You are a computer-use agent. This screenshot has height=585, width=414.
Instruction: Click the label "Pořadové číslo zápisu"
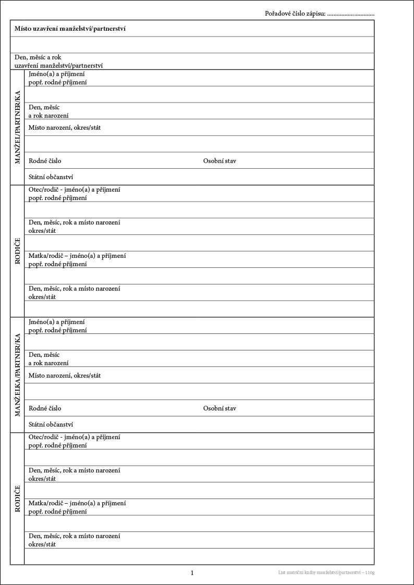point(295,14)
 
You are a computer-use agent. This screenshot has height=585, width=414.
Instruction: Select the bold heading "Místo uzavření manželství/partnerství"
point(70,29)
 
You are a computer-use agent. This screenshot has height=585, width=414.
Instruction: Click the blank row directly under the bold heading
point(192,45)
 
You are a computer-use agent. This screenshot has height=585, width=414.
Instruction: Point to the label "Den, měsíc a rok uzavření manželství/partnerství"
point(58,61)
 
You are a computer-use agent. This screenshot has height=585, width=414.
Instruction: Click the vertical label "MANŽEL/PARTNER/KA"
point(17,127)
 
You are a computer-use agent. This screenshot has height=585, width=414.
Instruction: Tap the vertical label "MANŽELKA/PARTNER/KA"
point(17,375)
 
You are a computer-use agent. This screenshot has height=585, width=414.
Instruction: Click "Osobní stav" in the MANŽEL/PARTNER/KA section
point(220,161)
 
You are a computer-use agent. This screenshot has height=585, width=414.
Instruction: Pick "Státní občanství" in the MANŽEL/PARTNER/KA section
point(51,177)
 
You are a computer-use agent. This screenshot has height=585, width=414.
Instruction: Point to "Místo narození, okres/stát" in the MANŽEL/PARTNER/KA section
point(65,128)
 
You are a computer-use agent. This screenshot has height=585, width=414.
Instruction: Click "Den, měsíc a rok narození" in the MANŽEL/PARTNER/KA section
point(48,111)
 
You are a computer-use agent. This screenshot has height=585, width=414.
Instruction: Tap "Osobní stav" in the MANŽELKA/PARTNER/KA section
point(220,408)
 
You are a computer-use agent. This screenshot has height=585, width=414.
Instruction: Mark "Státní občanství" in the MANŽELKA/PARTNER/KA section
point(51,425)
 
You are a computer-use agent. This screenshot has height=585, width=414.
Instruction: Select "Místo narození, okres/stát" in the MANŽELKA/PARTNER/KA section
point(65,376)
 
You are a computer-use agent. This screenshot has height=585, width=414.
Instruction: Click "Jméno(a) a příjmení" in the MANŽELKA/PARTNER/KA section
point(57,322)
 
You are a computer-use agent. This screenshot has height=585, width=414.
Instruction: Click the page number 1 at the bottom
point(192,573)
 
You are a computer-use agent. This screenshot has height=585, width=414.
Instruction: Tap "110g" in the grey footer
point(370,573)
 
